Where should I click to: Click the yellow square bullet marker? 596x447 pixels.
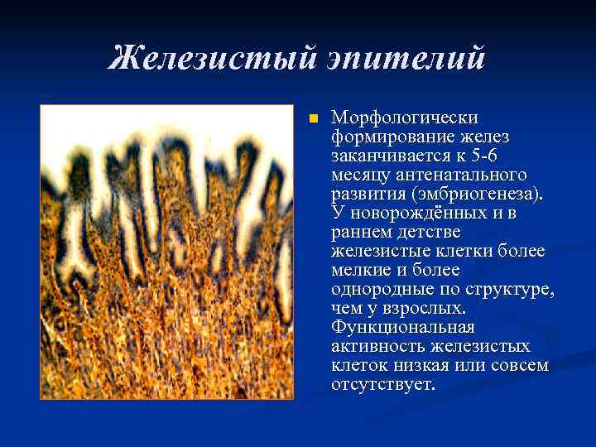(x=312, y=119)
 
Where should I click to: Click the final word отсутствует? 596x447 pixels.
(x=381, y=384)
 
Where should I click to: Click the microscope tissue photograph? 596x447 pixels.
(x=166, y=252)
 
